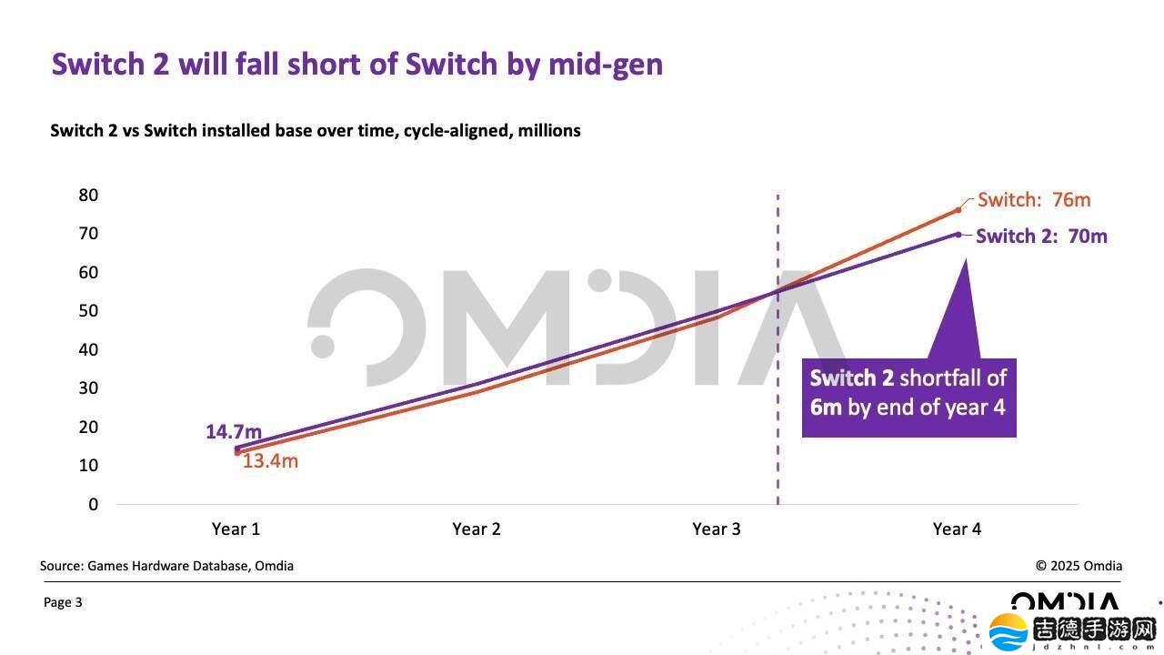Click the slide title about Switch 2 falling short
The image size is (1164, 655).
tap(356, 65)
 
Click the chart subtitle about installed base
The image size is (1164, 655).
tap(315, 130)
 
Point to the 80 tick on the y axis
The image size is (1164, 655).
tap(88, 195)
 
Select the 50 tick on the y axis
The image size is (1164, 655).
tap(88, 311)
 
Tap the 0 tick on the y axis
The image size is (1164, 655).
tap(93, 504)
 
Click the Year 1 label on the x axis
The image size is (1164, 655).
tap(236, 529)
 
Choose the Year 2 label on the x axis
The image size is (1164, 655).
tap(476, 529)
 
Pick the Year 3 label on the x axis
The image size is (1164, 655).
tap(716, 529)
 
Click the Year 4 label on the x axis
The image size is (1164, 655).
tap(957, 529)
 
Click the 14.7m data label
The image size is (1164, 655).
tap(233, 431)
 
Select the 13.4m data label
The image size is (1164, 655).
tap(270, 461)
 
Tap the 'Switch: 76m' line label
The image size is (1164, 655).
tap(1033, 200)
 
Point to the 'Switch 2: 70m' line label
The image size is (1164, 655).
tap(1041, 237)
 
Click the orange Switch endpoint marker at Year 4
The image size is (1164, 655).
tap(958, 210)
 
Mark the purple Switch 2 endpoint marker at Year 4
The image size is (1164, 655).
tap(958, 234)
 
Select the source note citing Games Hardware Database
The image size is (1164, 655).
tap(166, 566)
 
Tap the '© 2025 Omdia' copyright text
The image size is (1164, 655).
tap(1079, 566)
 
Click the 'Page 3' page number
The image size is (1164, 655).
tap(63, 602)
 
